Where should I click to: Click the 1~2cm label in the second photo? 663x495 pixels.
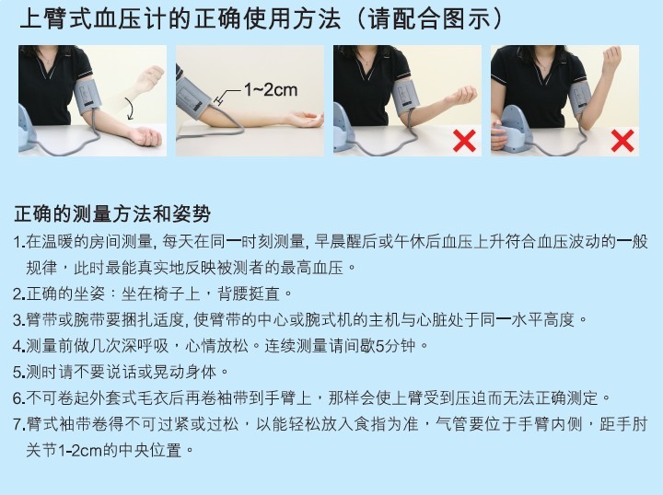271,89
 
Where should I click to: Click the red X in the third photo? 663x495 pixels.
466,141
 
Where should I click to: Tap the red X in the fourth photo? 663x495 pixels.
622,141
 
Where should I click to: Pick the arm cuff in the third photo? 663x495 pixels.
407,96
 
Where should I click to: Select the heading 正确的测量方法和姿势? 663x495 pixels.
112,214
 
